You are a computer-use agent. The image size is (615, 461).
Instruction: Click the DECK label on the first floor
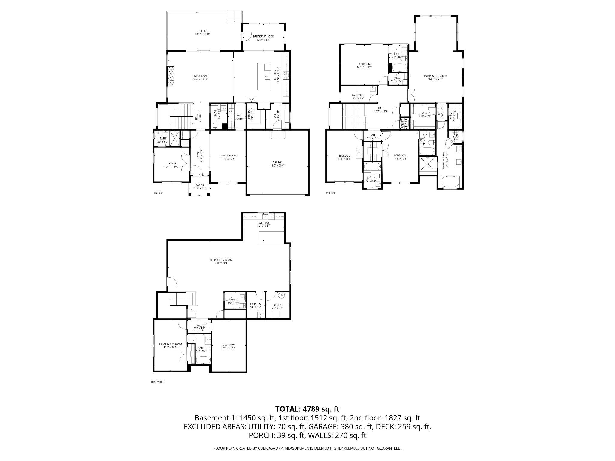click(203, 31)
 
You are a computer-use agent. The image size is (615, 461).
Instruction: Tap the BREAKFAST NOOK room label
click(263, 36)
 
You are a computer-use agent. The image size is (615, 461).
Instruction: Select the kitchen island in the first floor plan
click(264, 76)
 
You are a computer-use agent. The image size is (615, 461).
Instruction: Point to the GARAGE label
click(277, 162)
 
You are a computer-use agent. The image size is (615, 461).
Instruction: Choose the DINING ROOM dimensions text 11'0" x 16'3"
click(228, 158)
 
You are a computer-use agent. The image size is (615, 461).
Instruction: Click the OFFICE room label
click(172, 164)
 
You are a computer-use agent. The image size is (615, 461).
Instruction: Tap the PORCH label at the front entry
click(199, 185)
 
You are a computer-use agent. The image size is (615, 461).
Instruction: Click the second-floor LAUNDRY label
click(358, 95)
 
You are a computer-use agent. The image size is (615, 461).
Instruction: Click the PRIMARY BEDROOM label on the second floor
click(435, 76)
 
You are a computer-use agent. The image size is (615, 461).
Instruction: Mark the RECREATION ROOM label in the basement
click(221, 260)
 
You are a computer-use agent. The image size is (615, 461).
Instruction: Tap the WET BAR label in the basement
click(263, 223)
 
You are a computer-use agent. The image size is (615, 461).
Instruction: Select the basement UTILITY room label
click(277, 305)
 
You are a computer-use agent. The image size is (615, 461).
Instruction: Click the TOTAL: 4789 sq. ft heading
click(307, 409)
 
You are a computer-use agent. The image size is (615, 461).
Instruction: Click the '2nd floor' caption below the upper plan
click(330, 193)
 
